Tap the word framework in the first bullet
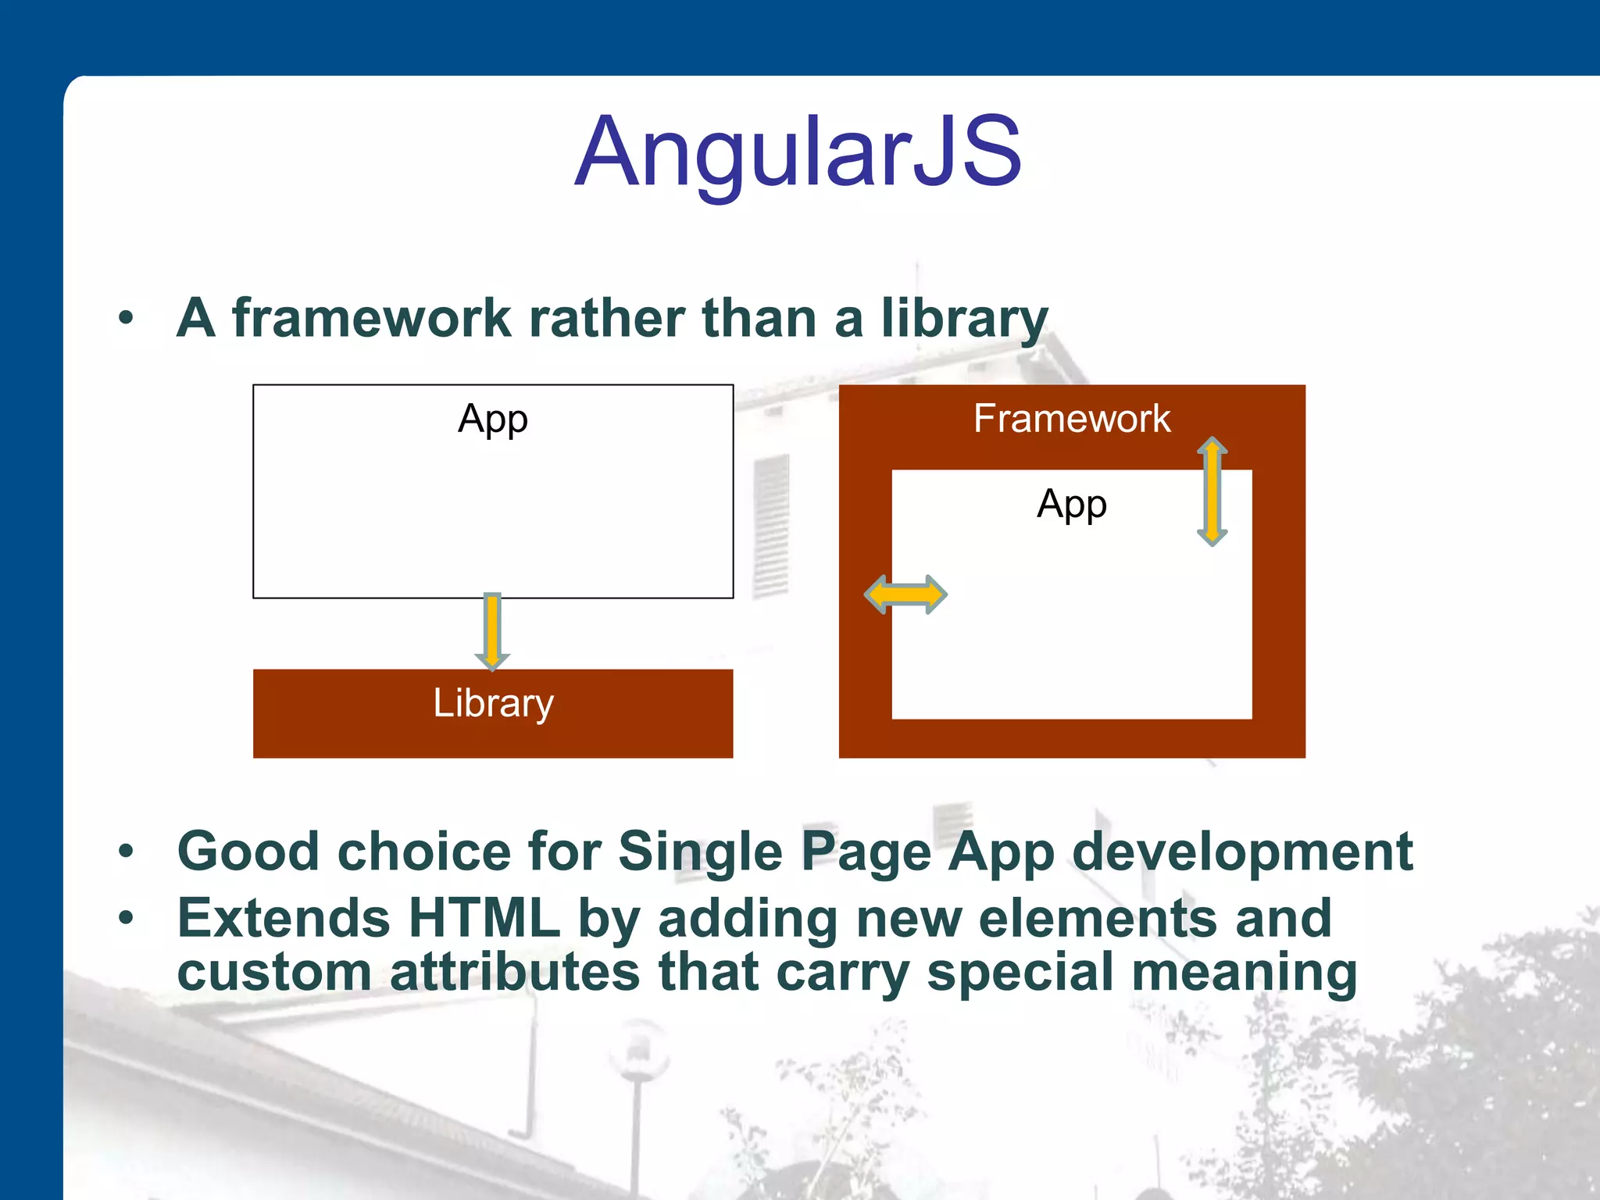click(371, 318)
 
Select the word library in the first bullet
click(964, 318)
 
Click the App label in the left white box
click(493, 419)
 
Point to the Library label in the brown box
click(493, 703)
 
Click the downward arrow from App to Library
click(492, 631)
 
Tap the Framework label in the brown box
click(1072, 419)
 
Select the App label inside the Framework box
click(1072, 504)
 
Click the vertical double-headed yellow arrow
click(1212, 491)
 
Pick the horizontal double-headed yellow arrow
click(905, 595)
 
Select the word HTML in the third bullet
click(484, 918)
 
